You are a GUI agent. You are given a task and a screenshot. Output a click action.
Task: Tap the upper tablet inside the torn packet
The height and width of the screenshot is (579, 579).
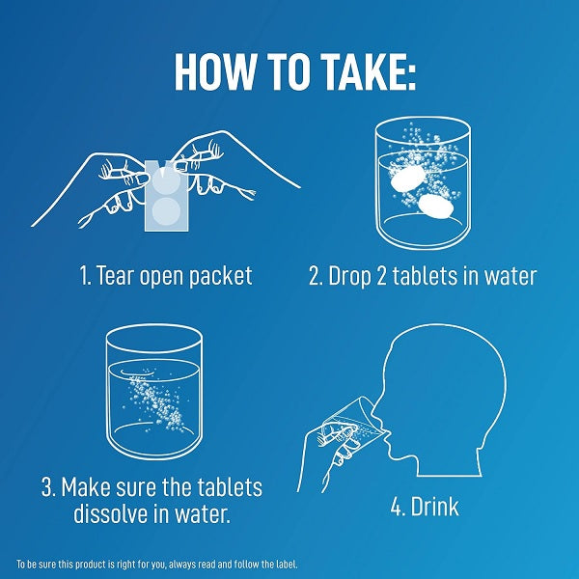click(x=166, y=180)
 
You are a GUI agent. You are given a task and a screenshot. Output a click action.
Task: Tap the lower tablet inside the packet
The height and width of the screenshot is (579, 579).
click(x=166, y=210)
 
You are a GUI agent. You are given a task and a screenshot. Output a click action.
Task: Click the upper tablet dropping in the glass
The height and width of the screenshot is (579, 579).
click(x=407, y=179)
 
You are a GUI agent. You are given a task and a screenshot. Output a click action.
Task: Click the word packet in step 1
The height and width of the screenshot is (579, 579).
click(x=220, y=277)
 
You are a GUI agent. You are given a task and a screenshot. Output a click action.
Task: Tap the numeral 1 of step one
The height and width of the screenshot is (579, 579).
click(x=84, y=275)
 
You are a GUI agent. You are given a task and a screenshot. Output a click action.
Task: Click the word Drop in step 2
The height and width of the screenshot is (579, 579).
click(x=349, y=277)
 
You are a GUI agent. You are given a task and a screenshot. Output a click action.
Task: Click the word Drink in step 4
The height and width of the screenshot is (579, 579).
click(x=434, y=506)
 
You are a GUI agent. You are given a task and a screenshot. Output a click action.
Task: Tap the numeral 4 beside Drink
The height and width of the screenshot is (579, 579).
click(x=398, y=507)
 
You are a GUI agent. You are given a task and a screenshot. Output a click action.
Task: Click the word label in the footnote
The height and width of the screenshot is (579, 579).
click(x=287, y=565)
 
